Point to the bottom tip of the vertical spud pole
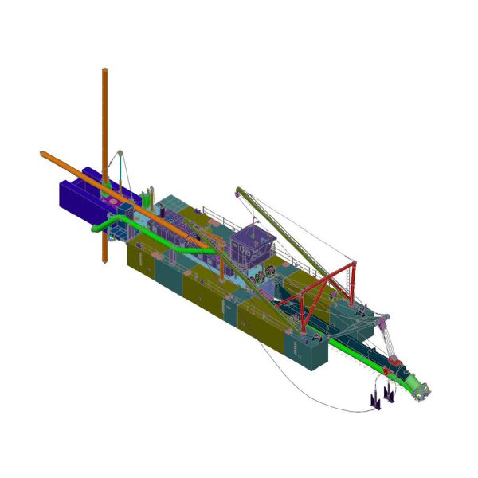104,263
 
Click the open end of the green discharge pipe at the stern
94,230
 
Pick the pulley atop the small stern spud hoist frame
119,151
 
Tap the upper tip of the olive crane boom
237,190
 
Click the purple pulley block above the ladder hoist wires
383,321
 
